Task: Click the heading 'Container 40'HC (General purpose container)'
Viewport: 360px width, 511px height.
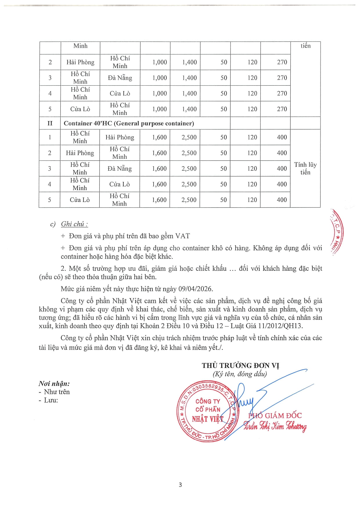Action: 129,123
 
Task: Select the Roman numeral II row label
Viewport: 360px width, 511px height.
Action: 50,123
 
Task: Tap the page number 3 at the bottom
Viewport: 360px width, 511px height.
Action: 180,485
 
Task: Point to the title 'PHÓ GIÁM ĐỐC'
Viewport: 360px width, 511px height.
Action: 275,416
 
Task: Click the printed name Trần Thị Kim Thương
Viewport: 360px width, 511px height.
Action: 275,426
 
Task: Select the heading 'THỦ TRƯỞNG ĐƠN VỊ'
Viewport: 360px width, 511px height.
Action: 240,366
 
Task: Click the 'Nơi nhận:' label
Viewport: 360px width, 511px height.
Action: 54,384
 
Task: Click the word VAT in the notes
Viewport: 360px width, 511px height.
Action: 183,236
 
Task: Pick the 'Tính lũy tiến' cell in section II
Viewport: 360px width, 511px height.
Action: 305,168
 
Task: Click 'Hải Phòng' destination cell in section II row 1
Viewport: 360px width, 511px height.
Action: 120,137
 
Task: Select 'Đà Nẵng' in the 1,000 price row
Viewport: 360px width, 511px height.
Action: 120,78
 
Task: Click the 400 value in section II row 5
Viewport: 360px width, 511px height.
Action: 282,200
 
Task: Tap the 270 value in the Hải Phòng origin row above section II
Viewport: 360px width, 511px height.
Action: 282,62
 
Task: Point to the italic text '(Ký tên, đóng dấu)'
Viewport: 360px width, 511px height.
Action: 240,374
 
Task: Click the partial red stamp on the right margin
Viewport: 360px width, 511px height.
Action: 337,232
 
